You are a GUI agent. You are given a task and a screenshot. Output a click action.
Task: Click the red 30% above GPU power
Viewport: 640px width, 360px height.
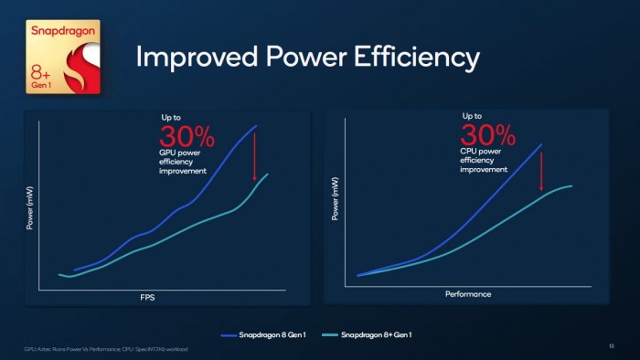coord(187,137)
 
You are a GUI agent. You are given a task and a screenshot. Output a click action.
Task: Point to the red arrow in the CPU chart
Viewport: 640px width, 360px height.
coord(543,170)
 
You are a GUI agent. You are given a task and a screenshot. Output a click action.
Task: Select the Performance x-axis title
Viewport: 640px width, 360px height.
coord(468,294)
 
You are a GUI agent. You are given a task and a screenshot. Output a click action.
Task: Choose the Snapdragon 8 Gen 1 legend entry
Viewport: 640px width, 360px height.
coord(264,336)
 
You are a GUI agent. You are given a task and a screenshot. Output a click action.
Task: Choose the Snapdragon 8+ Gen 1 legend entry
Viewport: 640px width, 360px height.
coord(368,336)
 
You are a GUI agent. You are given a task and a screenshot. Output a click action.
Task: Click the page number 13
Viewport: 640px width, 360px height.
coord(610,347)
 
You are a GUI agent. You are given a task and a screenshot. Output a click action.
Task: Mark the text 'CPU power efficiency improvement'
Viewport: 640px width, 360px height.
coord(484,161)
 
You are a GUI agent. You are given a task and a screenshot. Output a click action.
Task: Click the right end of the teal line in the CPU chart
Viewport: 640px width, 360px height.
coord(572,185)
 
